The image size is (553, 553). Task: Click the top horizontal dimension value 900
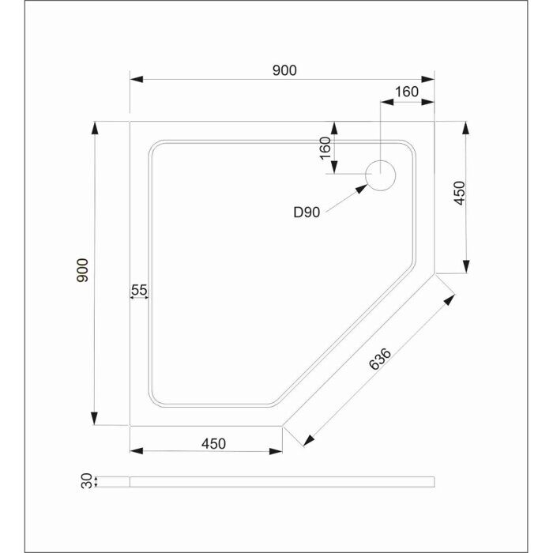284,70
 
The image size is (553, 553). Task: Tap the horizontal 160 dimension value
406,92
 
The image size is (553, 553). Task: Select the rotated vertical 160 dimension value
325,148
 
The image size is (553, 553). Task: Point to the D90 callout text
306,212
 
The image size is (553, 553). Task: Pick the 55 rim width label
139,290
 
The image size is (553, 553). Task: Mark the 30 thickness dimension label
85,481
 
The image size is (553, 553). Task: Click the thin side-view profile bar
281,481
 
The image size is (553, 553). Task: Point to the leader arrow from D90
346,197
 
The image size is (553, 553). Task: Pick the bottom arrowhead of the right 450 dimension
467,266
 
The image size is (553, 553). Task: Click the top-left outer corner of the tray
130,122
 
